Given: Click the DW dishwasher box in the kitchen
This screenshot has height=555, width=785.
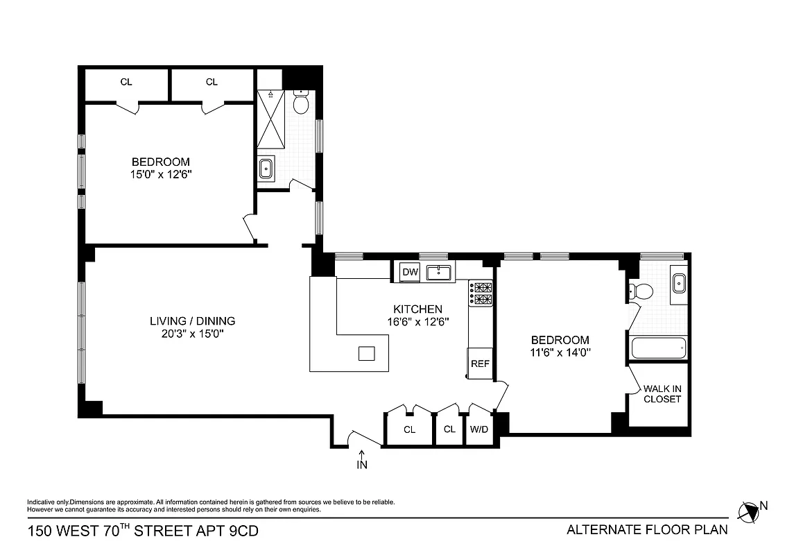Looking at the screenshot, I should click(411, 272).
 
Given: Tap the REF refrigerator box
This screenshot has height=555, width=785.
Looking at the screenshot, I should click(480, 363).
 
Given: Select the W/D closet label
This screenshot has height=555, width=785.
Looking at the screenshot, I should click(479, 429).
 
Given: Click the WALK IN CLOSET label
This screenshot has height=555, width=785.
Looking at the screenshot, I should click(662, 394).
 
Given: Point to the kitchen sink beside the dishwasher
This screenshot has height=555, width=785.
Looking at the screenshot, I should click(438, 272).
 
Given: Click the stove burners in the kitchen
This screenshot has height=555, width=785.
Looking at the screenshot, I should click(481, 293).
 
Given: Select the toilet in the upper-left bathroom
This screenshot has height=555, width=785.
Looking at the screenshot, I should click(301, 103).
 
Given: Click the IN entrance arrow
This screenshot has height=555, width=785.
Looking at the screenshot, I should click(362, 461).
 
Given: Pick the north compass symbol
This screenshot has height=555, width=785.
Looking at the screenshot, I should click(749, 512).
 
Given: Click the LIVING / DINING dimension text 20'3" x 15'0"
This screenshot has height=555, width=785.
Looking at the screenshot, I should click(192, 334).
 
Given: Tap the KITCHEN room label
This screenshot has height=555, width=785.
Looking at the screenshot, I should click(417, 309).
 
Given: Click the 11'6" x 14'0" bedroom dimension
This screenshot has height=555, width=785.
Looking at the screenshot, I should click(560, 352).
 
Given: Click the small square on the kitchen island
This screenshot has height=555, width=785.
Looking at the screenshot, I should click(366, 354).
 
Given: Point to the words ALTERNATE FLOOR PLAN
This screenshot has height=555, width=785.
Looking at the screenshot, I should click(647, 530).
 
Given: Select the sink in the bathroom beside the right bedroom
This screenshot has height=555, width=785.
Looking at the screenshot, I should click(679, 282).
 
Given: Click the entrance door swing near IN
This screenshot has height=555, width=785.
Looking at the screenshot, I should click(365, 436).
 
